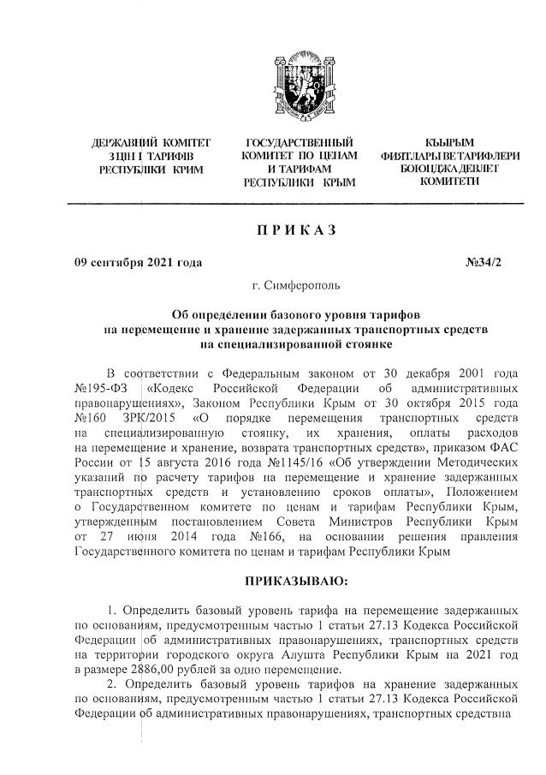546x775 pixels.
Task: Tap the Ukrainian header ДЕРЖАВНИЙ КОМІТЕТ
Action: (151, 142)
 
